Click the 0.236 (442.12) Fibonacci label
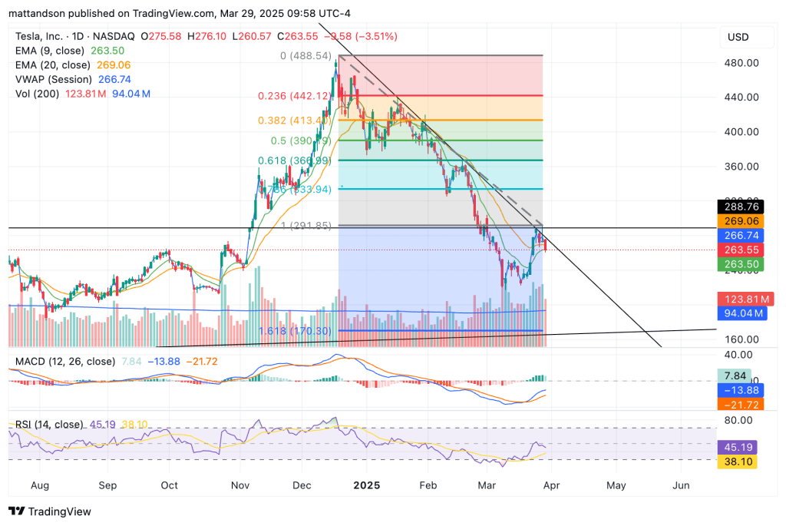click(x=295, y=96)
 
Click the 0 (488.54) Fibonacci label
click(x=305, y=56)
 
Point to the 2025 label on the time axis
click(x=366, y=485)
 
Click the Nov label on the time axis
click(x=241, y=485)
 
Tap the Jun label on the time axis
click(x=680, y=485)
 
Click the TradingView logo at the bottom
click(x=50, y=511)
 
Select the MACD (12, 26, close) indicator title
click(x=64, y=361)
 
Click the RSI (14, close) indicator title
click(x=57, y=425)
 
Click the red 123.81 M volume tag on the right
click(x=742, y=299)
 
